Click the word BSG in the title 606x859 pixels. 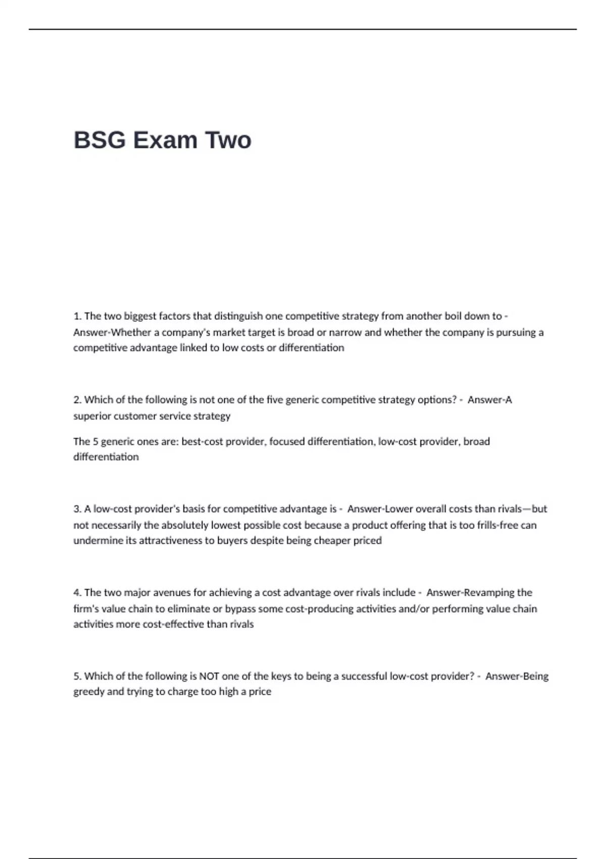coord(99,140)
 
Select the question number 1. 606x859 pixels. coord(77,316)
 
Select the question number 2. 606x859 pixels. coord(77,400)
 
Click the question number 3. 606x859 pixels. coord(77,509)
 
